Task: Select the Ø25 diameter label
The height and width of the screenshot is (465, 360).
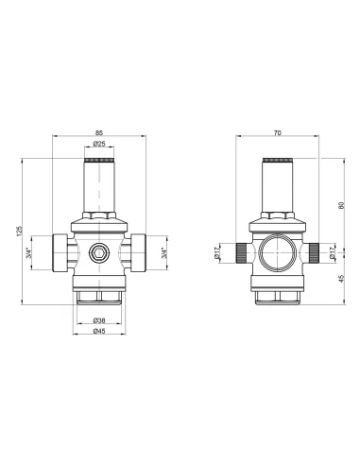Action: tap(98, 145)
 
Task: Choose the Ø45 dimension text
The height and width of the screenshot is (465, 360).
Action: tap(98, 331)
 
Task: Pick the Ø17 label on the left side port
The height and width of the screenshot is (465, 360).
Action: tap(218, 253)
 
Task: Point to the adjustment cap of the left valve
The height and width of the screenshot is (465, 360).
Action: tap(98, 184)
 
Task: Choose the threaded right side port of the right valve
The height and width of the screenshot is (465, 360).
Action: tap(312, 252)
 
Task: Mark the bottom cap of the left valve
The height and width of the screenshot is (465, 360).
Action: tap(99, 301)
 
